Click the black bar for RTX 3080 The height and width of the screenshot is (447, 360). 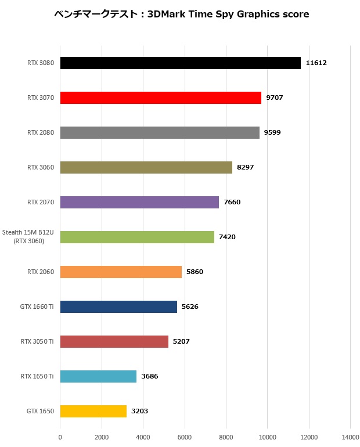tap(180, 63)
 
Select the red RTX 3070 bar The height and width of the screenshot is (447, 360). tap(160, 98)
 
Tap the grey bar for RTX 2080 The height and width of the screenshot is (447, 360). tap(160, 132)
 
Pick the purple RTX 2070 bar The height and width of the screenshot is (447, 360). tap(139, 202)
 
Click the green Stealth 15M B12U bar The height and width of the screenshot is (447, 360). tap(137, 237)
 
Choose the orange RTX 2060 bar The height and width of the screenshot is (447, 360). tap(121, 272)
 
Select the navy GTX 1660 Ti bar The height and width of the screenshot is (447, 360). tap(118, 307)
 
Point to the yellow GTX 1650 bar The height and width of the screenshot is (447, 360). tap(93, 411)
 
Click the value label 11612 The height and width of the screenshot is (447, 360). tap(316, 63)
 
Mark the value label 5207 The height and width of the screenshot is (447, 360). tap(181, 341)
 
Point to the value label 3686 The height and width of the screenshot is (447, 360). tap(149, 376)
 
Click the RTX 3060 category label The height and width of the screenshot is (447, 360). tap(41, 167)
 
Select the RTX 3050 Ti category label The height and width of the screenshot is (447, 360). tap(37, 341)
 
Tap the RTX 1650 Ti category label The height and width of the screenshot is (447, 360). tap(37, 376)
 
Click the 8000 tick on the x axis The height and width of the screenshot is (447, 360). tap(226, 437)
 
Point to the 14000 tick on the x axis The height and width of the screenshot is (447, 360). tap(350, 437)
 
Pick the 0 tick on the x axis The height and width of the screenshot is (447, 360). tap(60, 437)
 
